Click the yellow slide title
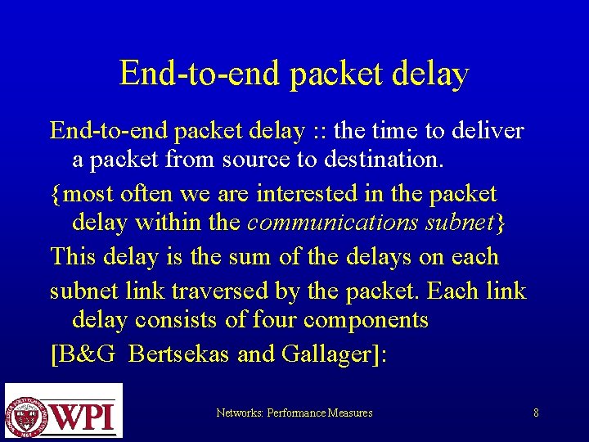pos(294,74)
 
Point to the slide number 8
pos(536,413)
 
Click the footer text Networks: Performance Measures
pos(294,413)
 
